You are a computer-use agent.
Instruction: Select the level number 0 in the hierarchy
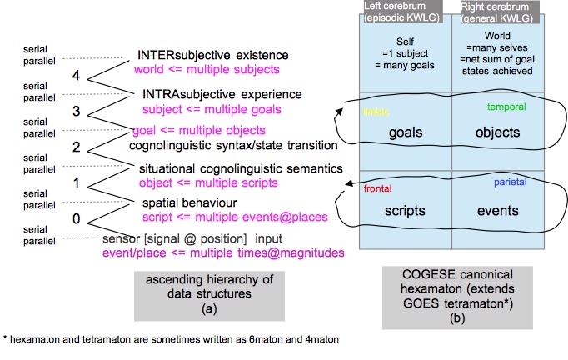[76, 219]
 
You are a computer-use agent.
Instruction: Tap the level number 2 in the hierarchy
[76, 147]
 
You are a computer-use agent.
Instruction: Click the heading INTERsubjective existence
[212, 55]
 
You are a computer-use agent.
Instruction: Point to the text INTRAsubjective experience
[222, 95]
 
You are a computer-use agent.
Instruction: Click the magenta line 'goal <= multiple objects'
[199, 131]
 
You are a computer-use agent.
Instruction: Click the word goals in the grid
[406, 132]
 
